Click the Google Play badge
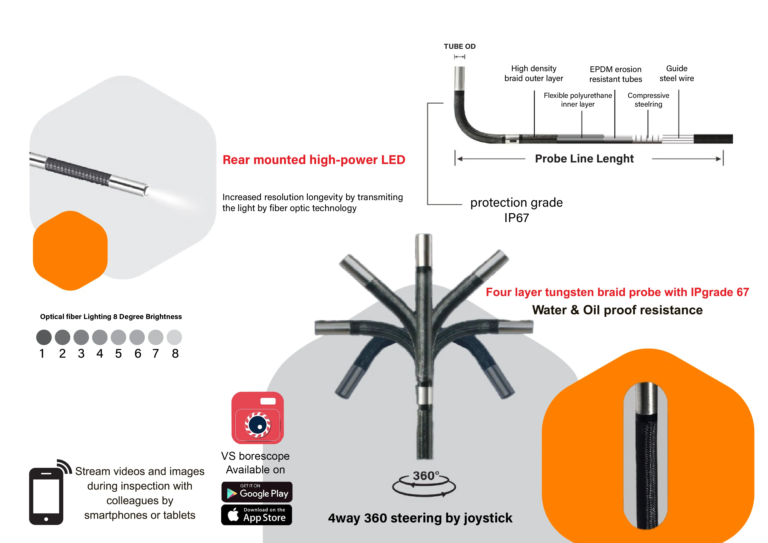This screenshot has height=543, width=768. coord(257,492)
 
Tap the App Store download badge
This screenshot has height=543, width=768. coord(257,515)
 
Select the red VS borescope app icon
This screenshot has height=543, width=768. coord(257,418)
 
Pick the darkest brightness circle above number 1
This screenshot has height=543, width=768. coord(44,337)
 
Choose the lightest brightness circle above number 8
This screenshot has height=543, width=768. coord(174,337)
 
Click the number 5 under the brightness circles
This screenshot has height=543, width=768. coord(118,354)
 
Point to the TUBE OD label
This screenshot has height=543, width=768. coord(460,46)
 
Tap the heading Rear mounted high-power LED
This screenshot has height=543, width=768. coord(314,160)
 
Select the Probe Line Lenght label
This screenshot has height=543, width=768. coord(584,159)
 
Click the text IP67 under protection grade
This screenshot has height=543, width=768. coord(516,218)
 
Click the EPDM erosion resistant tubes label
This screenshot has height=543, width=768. coord(615,74)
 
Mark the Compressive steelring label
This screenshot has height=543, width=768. coord(648,100)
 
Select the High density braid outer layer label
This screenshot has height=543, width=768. coord(534,73)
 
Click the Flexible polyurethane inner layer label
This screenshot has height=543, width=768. coord(578,100)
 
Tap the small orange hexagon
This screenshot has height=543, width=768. coord(70,250)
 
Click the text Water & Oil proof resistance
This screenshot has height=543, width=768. coord(617,310)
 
